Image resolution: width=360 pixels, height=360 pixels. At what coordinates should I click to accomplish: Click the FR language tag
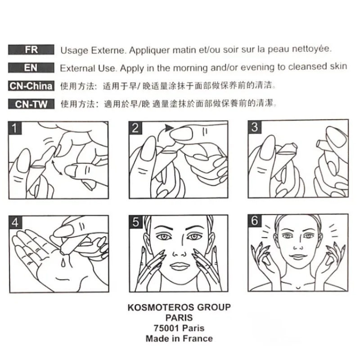tap(31, 49)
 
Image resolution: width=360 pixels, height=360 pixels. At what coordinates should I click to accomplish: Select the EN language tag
tap(31, 68)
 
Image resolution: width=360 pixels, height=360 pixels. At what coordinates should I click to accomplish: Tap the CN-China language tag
tap(31, 86)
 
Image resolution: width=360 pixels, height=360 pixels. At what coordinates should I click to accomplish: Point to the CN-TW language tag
tap(31, 104)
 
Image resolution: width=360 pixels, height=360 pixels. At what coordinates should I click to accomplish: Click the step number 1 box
tap(15, 128)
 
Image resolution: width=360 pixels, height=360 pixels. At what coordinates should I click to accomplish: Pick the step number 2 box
tap(135, 128)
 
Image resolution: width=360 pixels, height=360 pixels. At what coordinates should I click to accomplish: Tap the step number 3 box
tap(255, 127)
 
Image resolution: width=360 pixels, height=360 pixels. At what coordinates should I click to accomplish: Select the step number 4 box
tap(15, 222)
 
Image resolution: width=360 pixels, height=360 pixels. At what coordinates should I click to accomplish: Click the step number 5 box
tap(136, 222)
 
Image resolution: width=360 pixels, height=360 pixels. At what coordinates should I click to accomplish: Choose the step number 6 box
tap(255, 221)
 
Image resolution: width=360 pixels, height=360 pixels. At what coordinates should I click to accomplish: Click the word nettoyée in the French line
tap(312, 49)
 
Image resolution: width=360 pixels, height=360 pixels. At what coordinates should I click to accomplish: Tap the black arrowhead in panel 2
tap(169, 128)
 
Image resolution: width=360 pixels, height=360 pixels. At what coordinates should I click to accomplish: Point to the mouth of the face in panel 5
tap(179, 266)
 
